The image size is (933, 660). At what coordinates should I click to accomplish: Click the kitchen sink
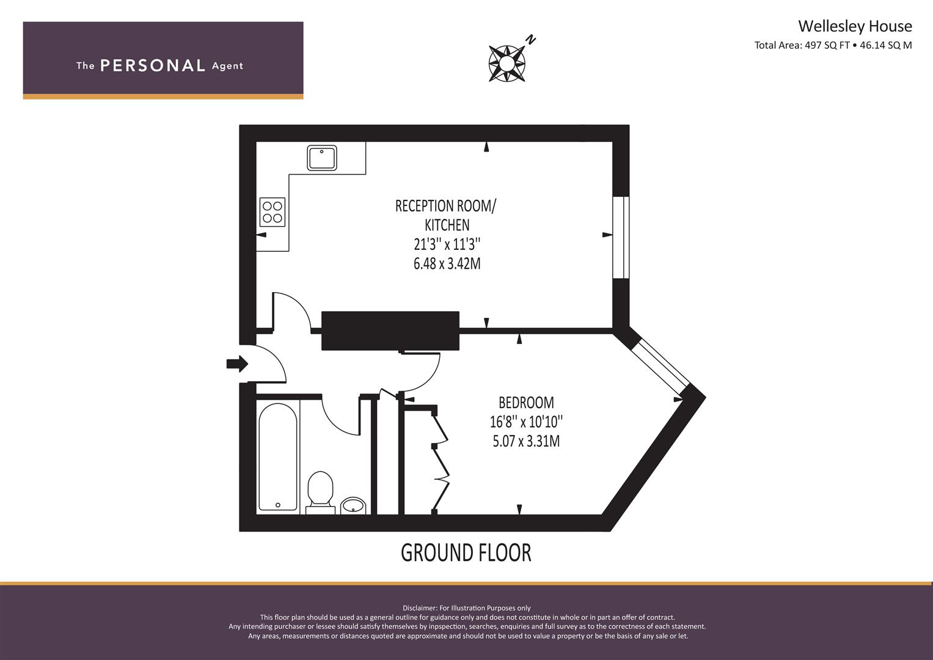(321, 158)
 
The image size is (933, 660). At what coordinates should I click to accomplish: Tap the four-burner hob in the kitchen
(273, 212)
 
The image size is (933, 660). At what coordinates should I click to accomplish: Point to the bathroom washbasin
(353, 505)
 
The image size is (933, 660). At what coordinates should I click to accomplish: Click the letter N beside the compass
(531, 40)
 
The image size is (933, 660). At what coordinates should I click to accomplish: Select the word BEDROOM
(526, 403)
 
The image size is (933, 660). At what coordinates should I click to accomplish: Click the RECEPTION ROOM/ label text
(446, 206)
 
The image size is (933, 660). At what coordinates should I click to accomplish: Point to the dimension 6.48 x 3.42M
(447, 264)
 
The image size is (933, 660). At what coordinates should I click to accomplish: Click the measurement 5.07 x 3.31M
(526, 441)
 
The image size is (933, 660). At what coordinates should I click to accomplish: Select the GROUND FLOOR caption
(466, 552)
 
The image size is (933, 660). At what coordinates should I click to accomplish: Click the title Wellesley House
(854, 26)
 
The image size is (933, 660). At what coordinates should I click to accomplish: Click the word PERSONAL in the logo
(153, 65)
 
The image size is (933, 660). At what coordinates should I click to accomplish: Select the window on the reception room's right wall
(621, 237)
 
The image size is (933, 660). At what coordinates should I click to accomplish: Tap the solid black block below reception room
(390, 331)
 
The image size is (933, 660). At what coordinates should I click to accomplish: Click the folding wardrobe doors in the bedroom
(441, 462)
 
